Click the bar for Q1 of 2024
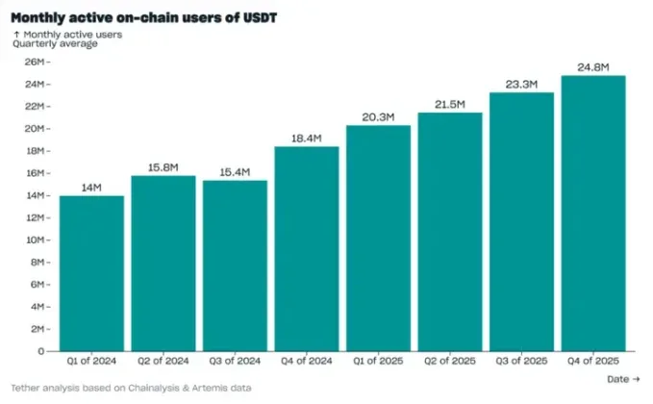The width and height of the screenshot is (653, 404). pos(91,273)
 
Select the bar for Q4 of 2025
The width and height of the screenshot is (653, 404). pos(593,213)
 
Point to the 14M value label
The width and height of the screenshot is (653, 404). pos(91,186)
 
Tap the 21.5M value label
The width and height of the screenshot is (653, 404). pos(449,103)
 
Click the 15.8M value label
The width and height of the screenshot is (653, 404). pos(163,166)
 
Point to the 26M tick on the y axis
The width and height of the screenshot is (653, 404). pos(35,62)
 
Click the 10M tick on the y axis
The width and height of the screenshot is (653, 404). pos(35,240)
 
